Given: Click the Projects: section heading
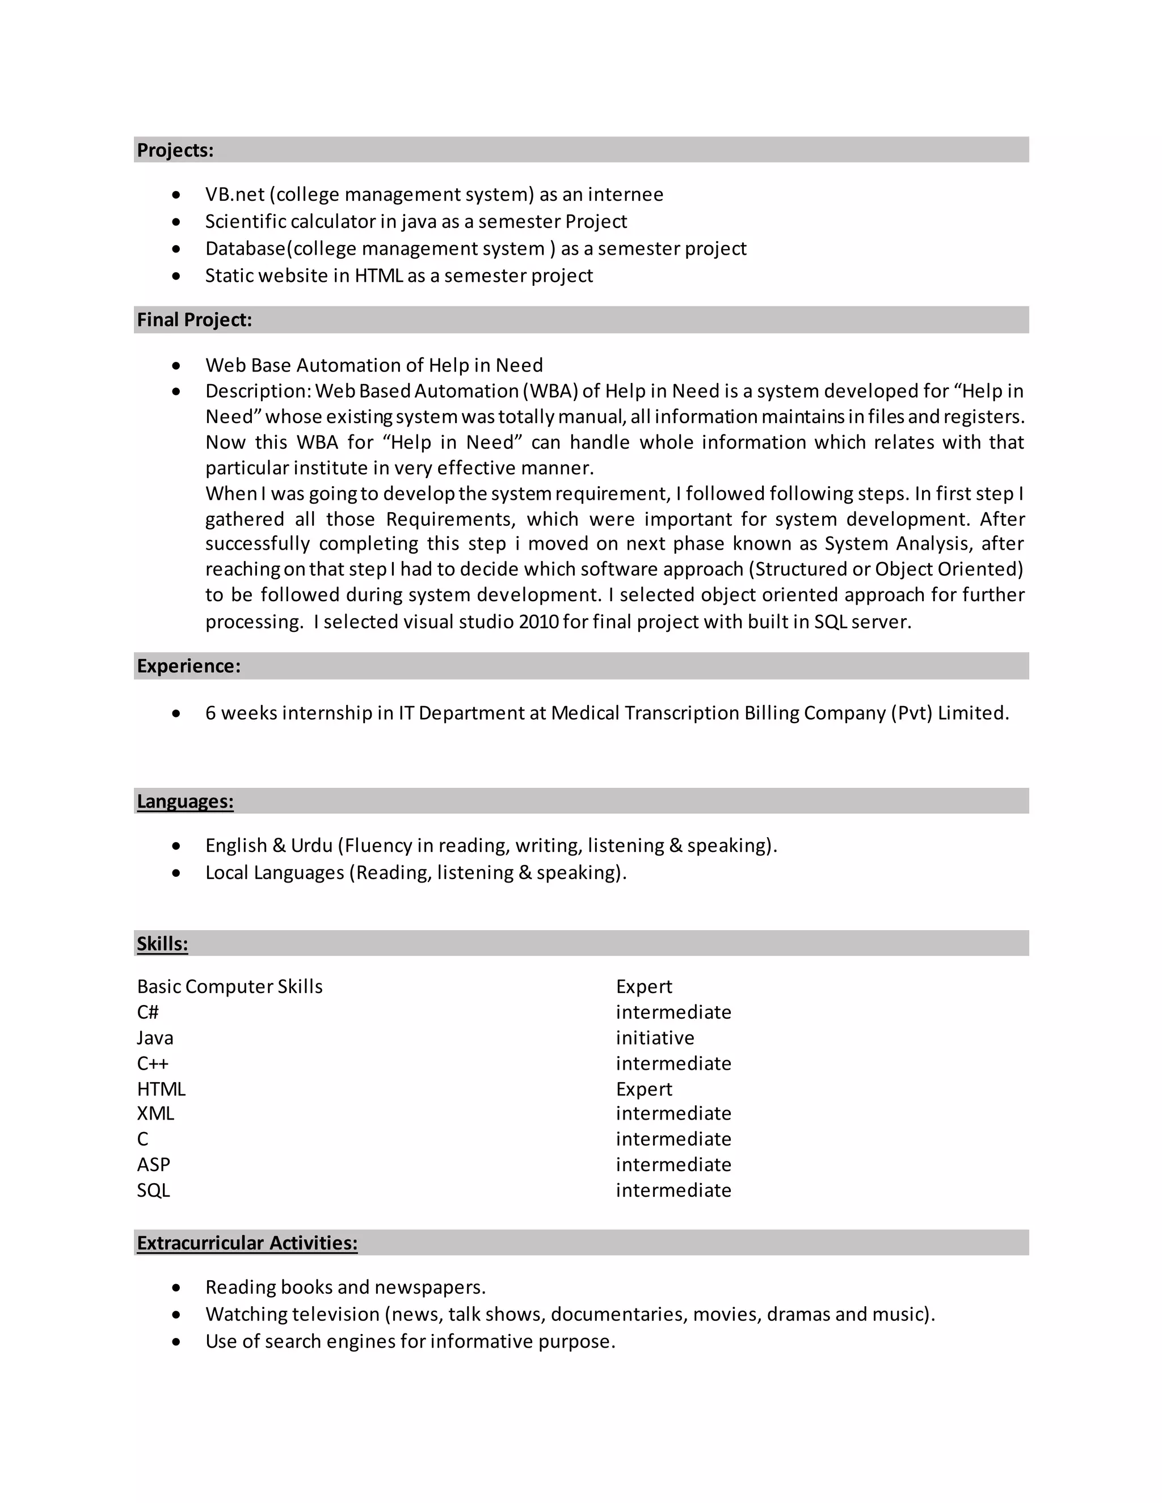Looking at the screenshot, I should point(175,150).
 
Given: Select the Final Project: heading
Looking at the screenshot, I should point(194,320).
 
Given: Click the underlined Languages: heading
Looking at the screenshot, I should point(184,801).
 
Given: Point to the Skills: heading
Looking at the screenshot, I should point(162,944).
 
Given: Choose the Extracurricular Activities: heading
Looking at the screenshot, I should point(246,1243).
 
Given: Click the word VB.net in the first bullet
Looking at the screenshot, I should point(235,195).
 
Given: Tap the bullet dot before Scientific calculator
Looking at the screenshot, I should point(177,222).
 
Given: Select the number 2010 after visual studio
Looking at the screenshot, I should point(538,622).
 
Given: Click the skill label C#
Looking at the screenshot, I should point(148,1012).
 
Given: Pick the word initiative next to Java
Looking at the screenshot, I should point(655,1038).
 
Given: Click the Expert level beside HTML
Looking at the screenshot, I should point(643,1090).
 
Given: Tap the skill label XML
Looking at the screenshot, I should point(155,1113).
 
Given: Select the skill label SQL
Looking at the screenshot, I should point(153,1190).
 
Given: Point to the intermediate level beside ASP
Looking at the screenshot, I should point(673,1165).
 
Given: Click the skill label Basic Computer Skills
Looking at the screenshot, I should point(229,987).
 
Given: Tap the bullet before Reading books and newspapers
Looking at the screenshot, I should point(177,1287).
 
